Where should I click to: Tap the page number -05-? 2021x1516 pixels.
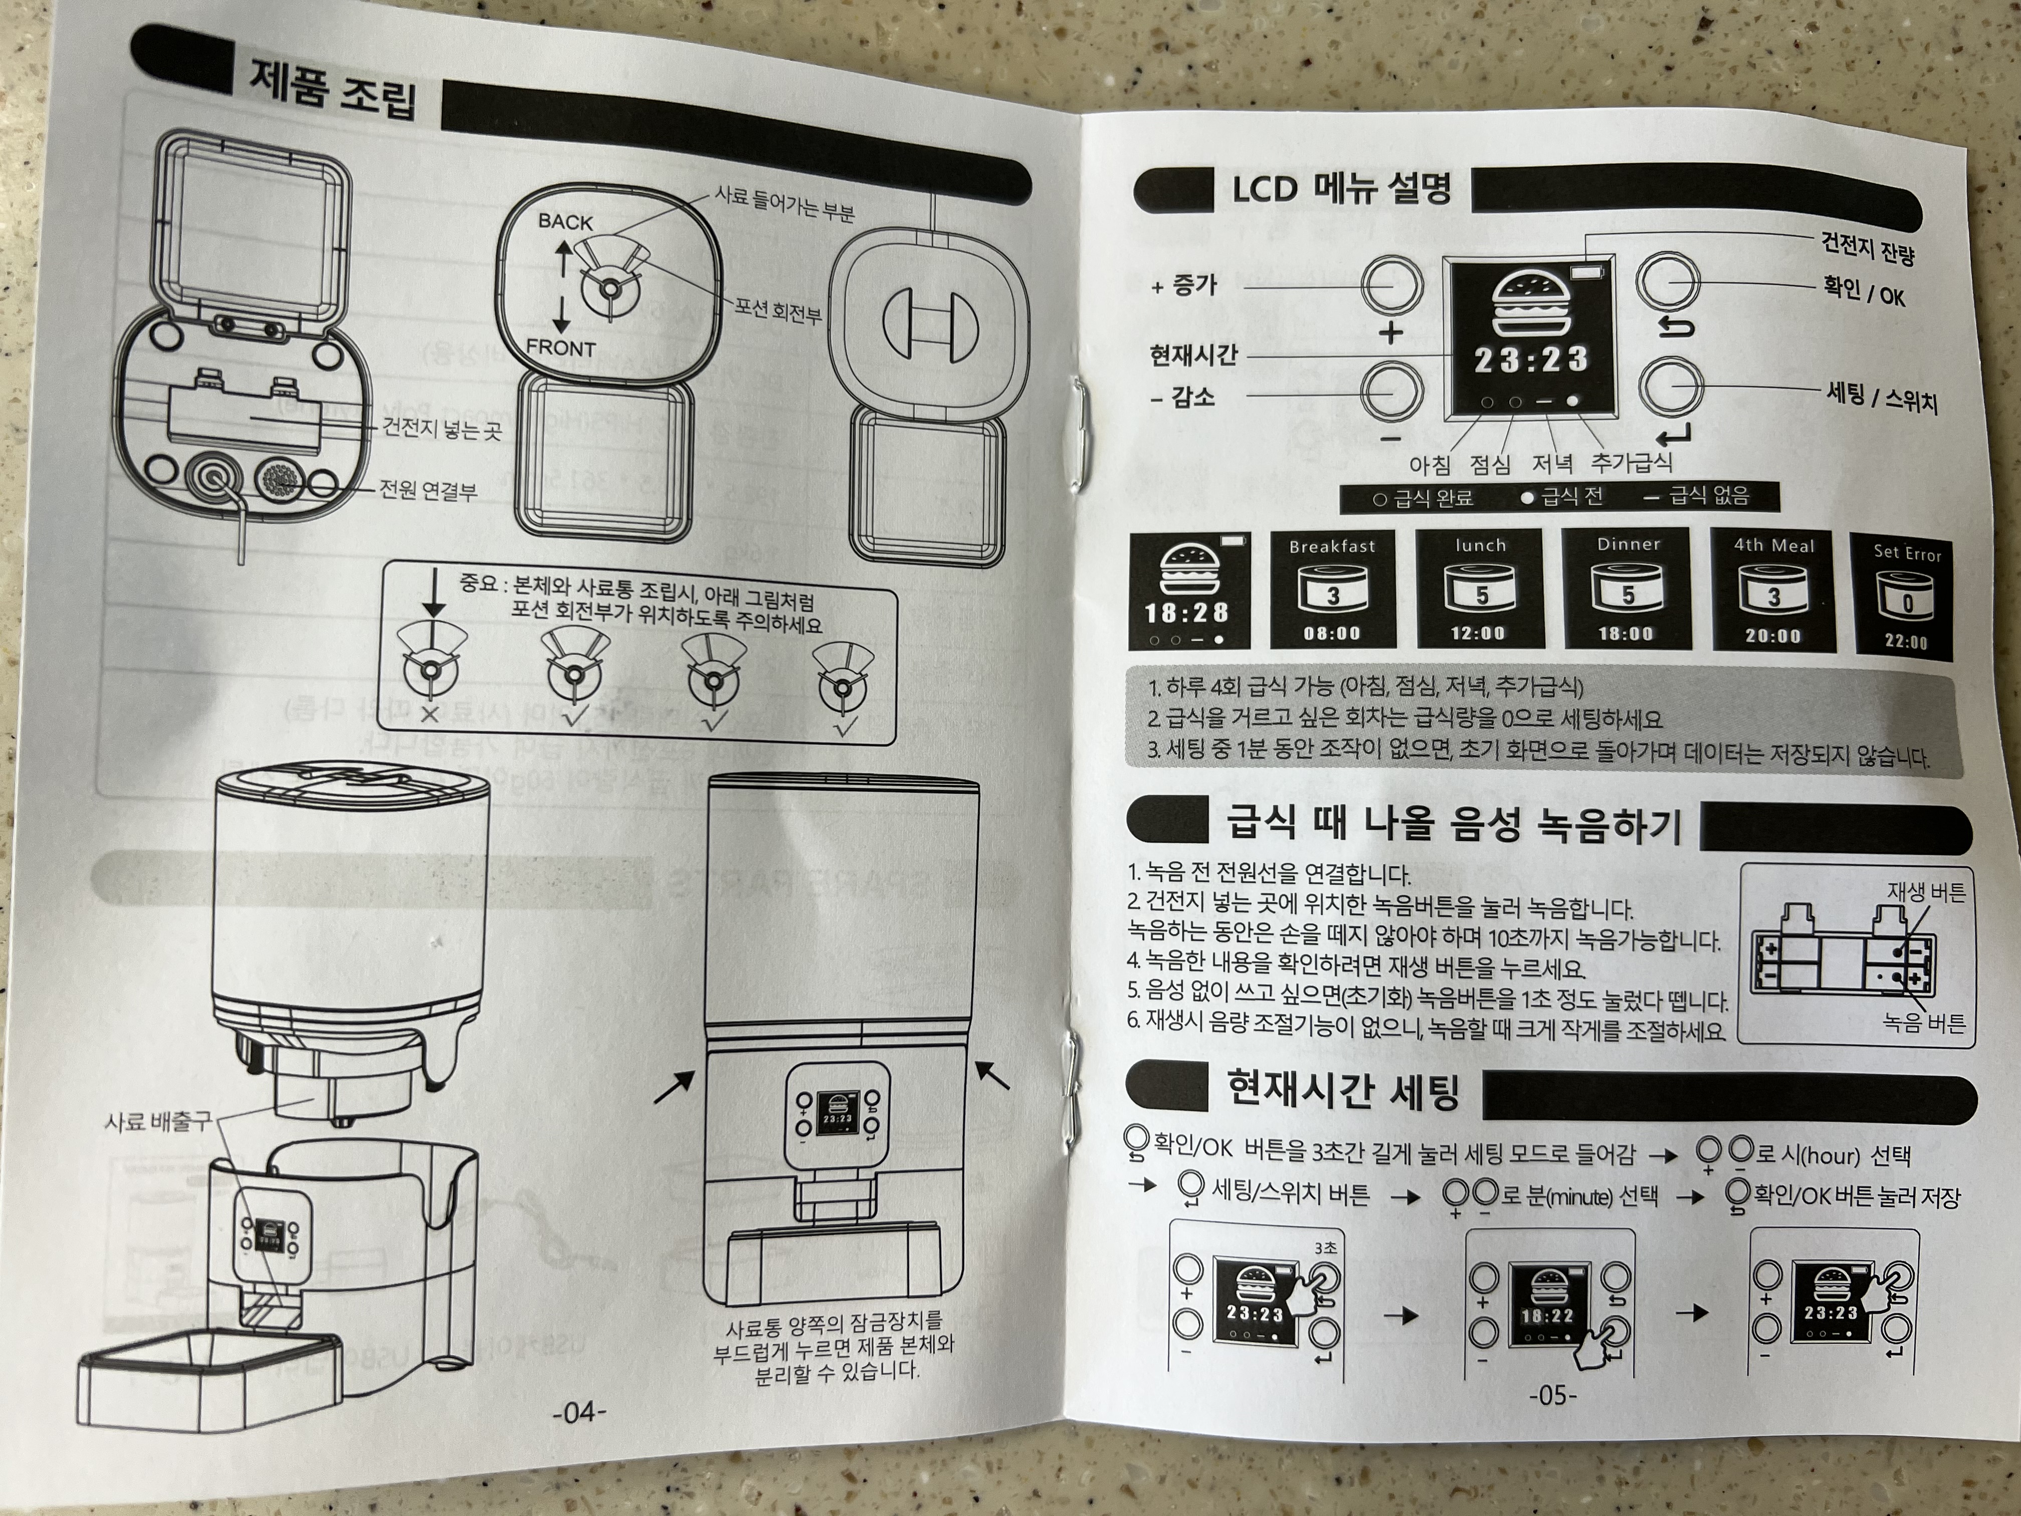click(1552, 1395)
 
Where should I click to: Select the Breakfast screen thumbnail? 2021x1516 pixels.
click(1332, 590)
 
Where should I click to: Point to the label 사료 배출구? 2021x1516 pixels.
click(157, 1120)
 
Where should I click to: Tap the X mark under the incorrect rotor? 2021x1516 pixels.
click(429, 714)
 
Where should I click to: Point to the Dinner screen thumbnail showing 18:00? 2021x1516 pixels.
click(1627, 590)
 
